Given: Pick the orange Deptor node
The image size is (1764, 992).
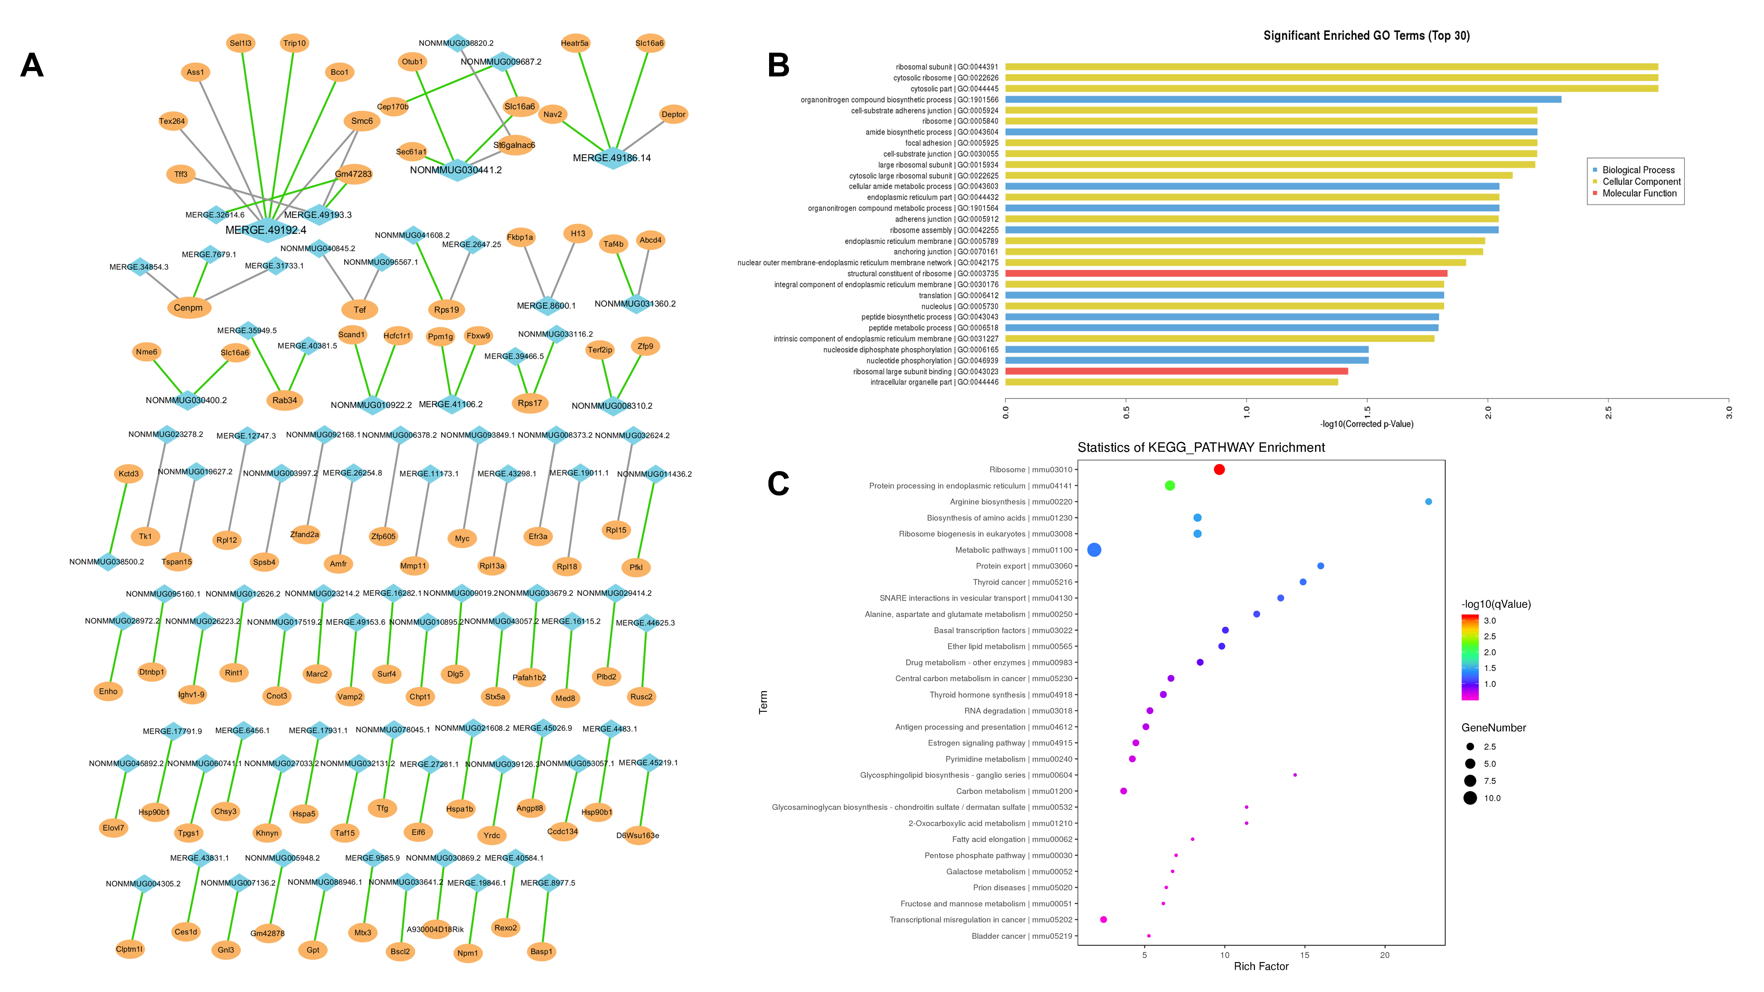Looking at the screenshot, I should tap(673, 114).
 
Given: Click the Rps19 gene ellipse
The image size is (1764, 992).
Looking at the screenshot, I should tap(447, 310).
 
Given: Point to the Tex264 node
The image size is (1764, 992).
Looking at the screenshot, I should tap(172, 121).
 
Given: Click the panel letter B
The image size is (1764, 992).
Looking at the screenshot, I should tap(779, 66).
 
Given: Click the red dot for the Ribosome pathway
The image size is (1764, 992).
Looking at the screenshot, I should tap(1219, 470).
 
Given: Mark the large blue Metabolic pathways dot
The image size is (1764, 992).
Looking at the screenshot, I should tap(1094, 550).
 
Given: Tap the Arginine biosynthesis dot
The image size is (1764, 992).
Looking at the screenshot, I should tap(1428, 502).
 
